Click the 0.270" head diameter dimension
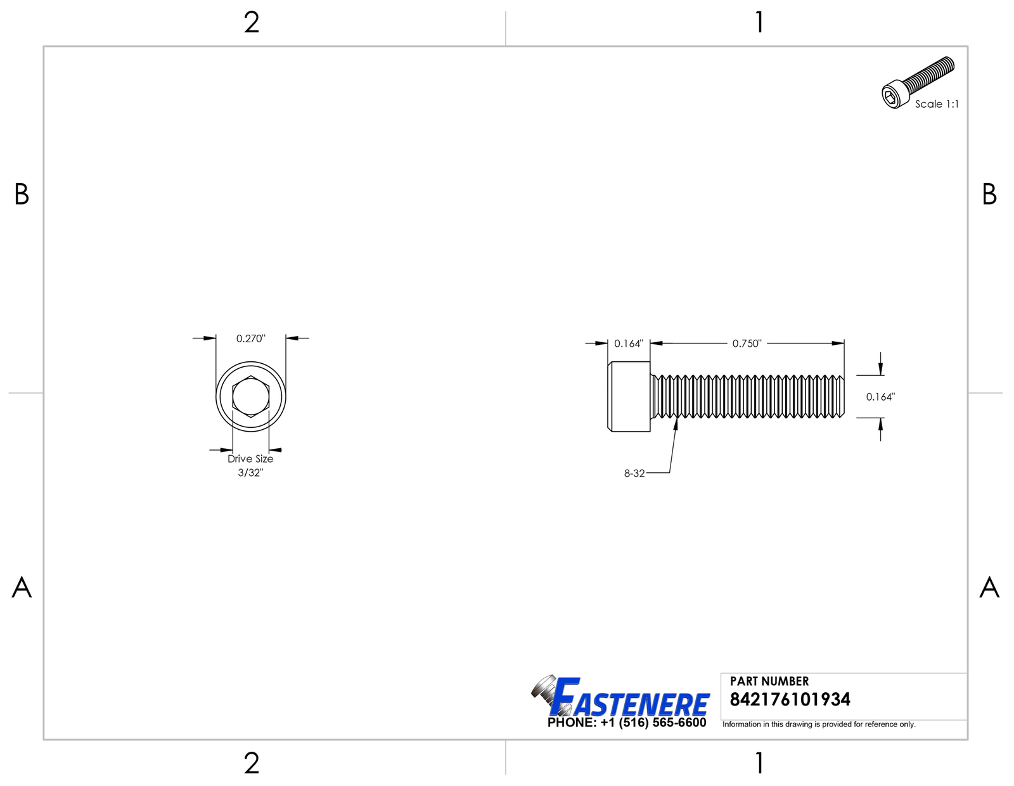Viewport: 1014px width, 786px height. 250,338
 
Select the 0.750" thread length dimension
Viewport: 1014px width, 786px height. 747,344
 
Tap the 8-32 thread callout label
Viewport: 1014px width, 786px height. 634,474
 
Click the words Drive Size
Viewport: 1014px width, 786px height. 250,459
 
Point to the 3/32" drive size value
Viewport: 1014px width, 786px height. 250,473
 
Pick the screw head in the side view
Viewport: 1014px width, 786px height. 629,397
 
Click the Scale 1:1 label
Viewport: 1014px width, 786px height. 937,104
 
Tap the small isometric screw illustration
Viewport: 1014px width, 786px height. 918,82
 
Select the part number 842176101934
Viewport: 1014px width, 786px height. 790,700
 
